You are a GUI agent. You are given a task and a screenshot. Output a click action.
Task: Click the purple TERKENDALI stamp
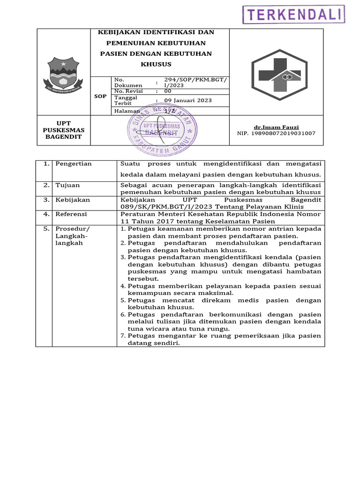(293, 15)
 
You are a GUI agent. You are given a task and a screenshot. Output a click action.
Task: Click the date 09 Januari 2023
(188, 100)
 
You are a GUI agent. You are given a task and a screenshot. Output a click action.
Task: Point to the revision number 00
(168, 91)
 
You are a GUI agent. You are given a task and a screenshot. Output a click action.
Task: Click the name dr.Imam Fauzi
(276, 127)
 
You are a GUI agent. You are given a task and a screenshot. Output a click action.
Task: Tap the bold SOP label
(100, 96)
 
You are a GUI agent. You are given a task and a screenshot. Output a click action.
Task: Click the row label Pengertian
(74, 164)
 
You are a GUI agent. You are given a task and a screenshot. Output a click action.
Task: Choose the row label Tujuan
(67, 185)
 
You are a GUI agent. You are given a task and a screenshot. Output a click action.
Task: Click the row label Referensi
(71, 214)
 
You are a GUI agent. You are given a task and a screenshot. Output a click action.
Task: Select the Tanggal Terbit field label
(126, 100)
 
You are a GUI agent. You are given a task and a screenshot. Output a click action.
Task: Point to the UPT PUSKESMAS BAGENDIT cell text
(63, 130)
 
